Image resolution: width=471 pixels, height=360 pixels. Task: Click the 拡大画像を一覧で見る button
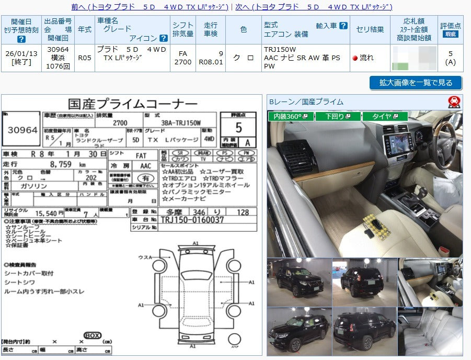click(x=415, y=83)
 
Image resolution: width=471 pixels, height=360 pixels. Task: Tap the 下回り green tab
click(x=337, y=116)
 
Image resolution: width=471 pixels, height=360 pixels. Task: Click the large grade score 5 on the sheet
click(x=238, y=127)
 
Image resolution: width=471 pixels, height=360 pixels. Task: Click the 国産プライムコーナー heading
click(x=133, y=104)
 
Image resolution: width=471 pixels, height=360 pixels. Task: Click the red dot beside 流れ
click(x=355, y=58)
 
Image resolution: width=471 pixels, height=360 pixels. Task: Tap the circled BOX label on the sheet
click(x=92, y=335)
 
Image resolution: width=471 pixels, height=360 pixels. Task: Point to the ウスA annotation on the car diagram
click(x=145, y=257)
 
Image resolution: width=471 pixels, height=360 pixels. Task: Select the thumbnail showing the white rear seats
click(x=430, y=331)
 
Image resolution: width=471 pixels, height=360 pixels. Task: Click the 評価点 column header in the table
click(x=450, y=29)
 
